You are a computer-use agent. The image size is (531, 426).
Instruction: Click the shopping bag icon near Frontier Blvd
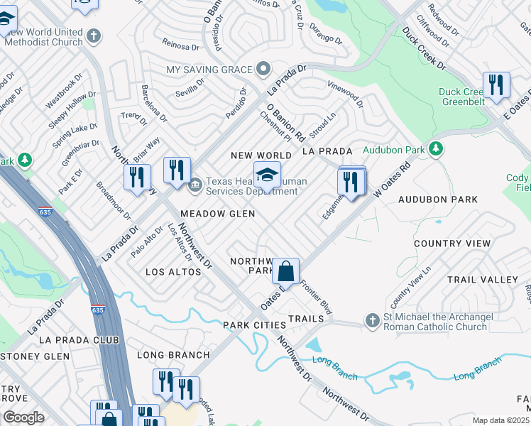[285, 271]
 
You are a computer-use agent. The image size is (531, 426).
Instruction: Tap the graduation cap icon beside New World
[267, 175]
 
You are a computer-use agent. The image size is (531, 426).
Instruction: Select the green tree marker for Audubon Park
[437, 149]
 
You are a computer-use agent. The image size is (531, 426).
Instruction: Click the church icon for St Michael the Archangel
[372, 321]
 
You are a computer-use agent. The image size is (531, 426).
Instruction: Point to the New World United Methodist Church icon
[94, 35]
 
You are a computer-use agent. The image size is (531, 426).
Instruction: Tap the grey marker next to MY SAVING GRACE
[263, 69]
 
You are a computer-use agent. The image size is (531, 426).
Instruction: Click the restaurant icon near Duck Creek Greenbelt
[496, 84]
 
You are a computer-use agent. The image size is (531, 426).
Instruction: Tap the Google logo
[23, 417]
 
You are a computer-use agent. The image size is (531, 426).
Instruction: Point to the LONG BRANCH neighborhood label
[173, 355]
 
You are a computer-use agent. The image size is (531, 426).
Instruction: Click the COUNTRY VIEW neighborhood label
[452, 244]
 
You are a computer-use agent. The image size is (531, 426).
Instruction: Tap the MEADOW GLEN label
[217, 214]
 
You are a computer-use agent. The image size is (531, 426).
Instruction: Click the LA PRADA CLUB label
[78, 340]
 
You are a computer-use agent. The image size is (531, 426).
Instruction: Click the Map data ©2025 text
[501, 420]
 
